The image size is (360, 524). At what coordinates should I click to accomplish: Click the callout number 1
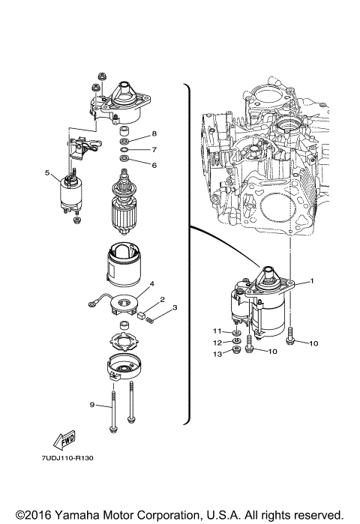click(312, 281)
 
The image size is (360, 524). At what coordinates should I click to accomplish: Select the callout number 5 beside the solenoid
click(46, 173)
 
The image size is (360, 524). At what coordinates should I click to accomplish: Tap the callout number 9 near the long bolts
click(92, 406)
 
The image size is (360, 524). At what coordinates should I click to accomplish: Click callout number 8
click(154, 133)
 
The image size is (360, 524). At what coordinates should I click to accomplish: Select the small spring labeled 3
click(152, 321)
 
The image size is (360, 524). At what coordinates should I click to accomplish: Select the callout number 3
click(173, 307)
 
